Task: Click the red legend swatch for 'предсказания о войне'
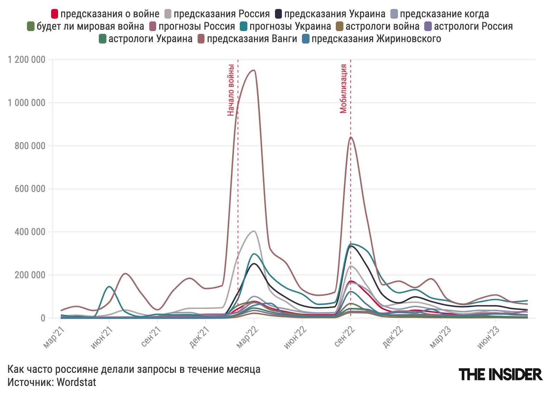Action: [x=54, y=14]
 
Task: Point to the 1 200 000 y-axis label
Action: [x=27, y=60]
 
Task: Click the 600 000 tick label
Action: [x=30, y=189]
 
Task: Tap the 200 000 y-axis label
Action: [x=30, y=275]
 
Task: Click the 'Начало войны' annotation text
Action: [x=231, y=90]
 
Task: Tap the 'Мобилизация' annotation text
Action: [x=343, y=89]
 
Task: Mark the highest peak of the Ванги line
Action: [x=254, y=70]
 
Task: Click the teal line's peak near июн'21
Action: [x=109, y=287]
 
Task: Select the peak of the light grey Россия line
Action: [x=254, y=231]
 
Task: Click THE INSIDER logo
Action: [x=500, y=374]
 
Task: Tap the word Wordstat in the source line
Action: [x=76, y=382]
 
